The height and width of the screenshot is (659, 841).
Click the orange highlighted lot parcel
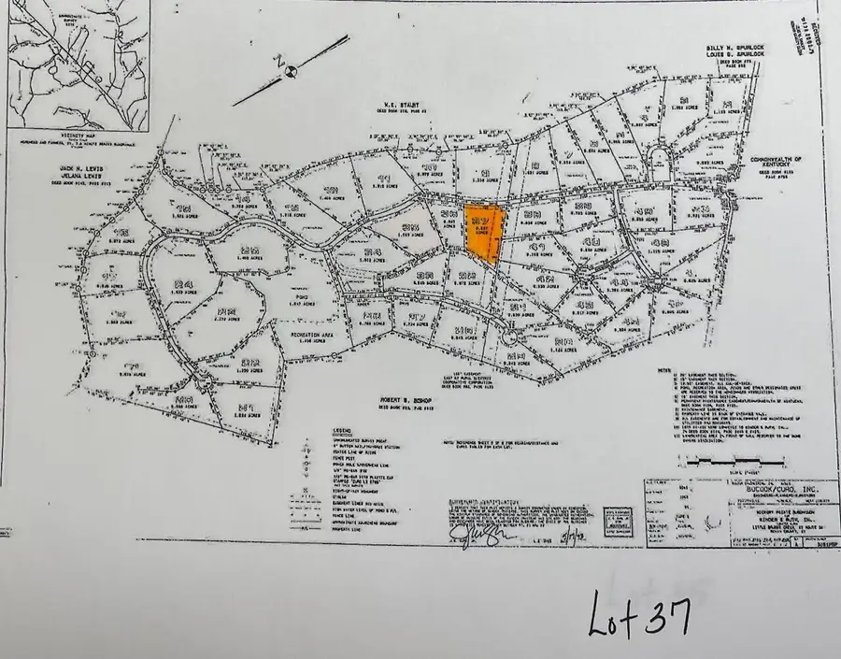coord(484,232)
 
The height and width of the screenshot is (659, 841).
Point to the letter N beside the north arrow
coord(278,58)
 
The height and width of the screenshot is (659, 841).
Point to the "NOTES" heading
coord(664,370)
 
